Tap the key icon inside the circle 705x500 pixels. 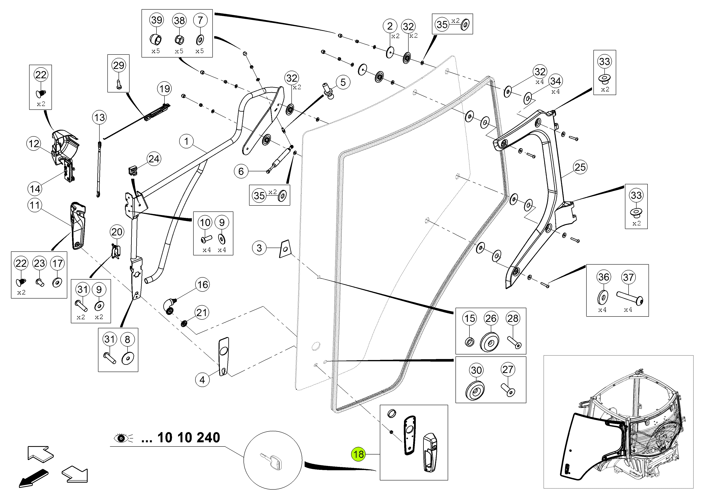[x=271, y=461]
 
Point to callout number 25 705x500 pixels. [x=580, y=167]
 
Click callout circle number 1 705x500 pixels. [x=186, y=141]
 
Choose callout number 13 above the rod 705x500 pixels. [x=99, y=117]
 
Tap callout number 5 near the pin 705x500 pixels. [x=343, y=82]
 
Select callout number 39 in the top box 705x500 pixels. [x=157, y=20]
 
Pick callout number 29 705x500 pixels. [x=119, y=65]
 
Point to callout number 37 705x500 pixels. [x=628, y=277]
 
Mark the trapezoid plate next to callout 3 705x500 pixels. [x=285, y=249]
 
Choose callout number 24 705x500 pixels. [x=154, y=159]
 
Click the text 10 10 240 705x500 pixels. [x=189, y=437]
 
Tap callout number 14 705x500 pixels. [x=35, y=189]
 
